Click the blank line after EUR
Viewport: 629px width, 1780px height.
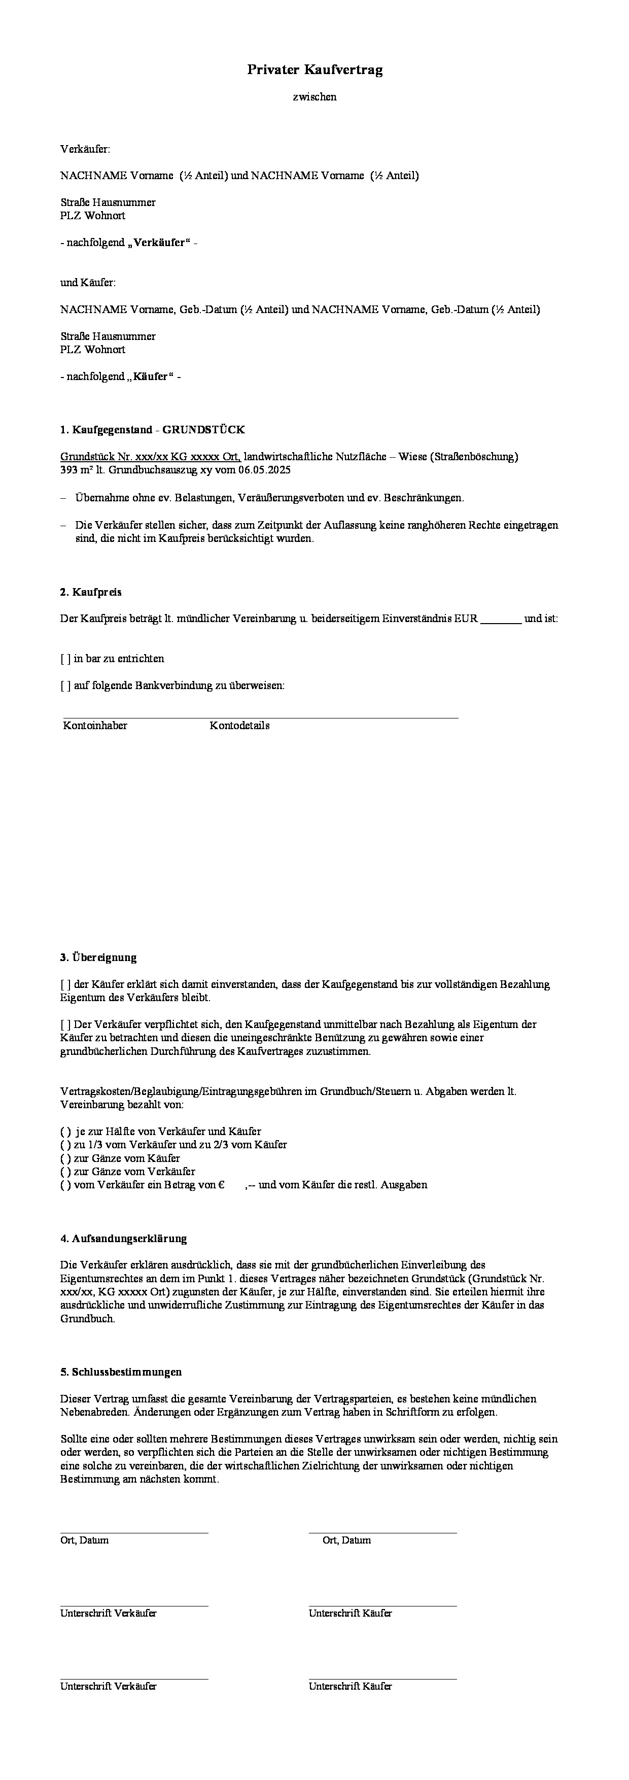[x=501, y=619]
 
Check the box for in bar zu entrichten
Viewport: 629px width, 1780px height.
[x=65, y=659]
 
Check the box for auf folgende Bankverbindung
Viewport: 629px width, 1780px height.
[x=65, y=686]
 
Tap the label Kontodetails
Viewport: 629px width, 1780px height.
[x=239, y=726]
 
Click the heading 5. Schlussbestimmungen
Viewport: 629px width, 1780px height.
[x=121, y=1372]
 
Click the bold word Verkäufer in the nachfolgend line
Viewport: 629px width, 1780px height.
[x=160, y=243]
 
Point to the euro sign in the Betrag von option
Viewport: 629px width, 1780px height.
[x=222, y=1184]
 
